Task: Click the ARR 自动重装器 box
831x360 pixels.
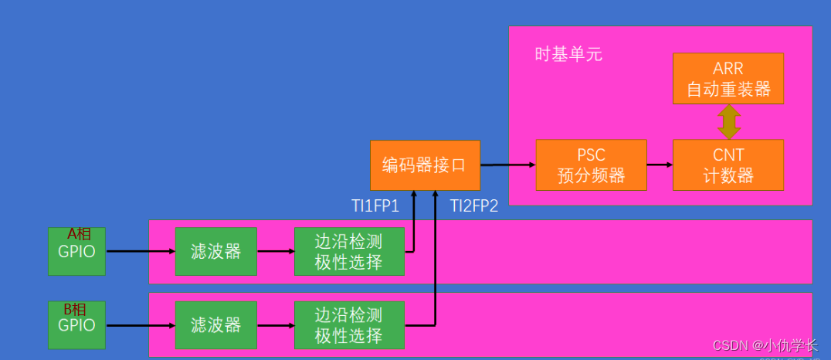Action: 728,79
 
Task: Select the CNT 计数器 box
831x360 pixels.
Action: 728,165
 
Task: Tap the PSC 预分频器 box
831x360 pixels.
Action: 591,165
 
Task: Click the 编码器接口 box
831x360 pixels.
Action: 425,165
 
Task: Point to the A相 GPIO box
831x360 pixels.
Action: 76,251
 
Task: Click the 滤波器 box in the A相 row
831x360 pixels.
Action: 215,251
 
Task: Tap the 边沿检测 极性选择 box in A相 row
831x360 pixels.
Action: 349,251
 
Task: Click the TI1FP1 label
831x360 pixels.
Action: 375,206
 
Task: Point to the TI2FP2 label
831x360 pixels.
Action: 474,206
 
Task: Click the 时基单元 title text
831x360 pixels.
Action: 568,55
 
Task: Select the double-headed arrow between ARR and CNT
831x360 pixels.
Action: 728,122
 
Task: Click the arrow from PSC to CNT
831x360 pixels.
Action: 660,165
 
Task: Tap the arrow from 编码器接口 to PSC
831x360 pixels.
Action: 507,165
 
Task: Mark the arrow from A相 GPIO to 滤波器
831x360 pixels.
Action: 140,251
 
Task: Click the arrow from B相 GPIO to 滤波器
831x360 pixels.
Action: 140,326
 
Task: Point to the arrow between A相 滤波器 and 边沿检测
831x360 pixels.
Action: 275,251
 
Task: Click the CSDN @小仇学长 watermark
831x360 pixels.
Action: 764,345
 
